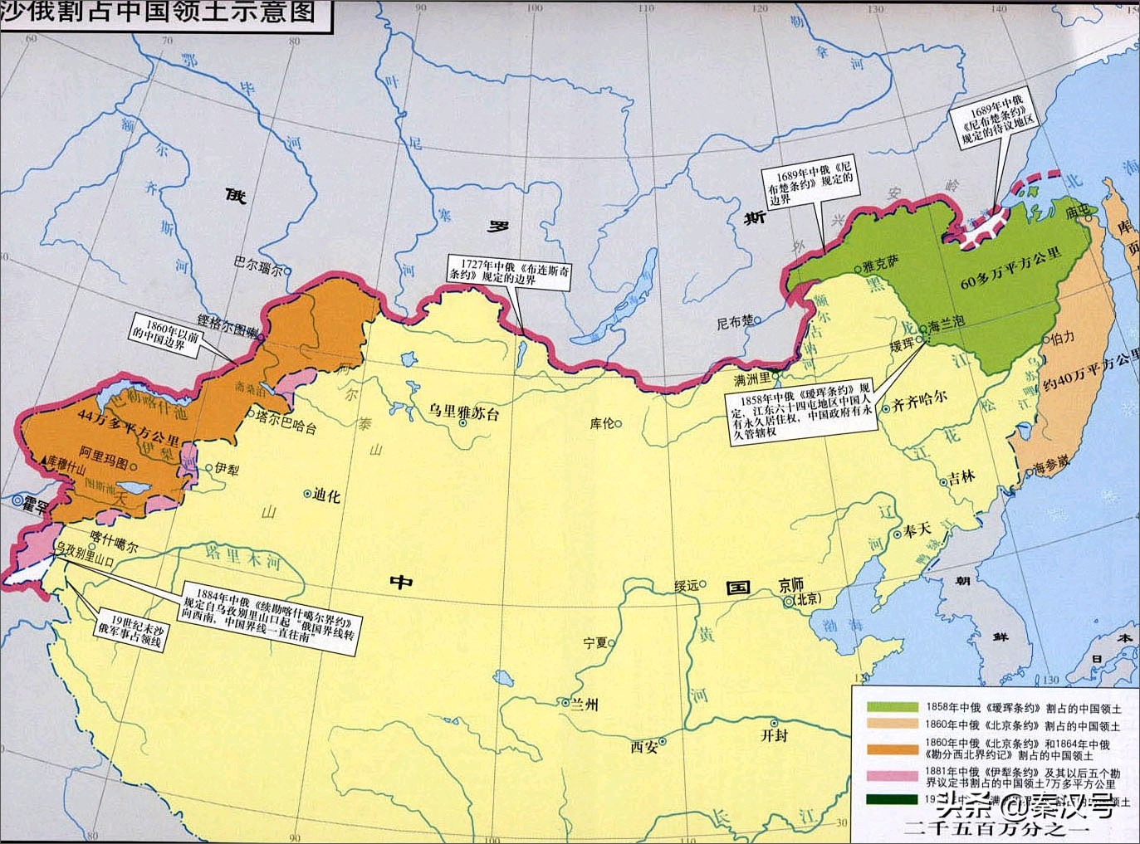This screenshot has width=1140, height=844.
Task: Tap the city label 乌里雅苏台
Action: coord(463,413)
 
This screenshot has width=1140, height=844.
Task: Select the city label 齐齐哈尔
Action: coord(919,404)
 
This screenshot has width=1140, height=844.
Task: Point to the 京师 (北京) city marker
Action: coord(788,602)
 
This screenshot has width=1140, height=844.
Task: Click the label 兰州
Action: coord(584,704)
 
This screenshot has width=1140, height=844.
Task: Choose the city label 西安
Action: coord(644,746)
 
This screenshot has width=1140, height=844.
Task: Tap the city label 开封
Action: coord(774,734)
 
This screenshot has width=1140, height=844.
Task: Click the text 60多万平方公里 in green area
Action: coord(1010,269)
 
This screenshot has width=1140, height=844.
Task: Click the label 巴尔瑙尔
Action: coord(257,266)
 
